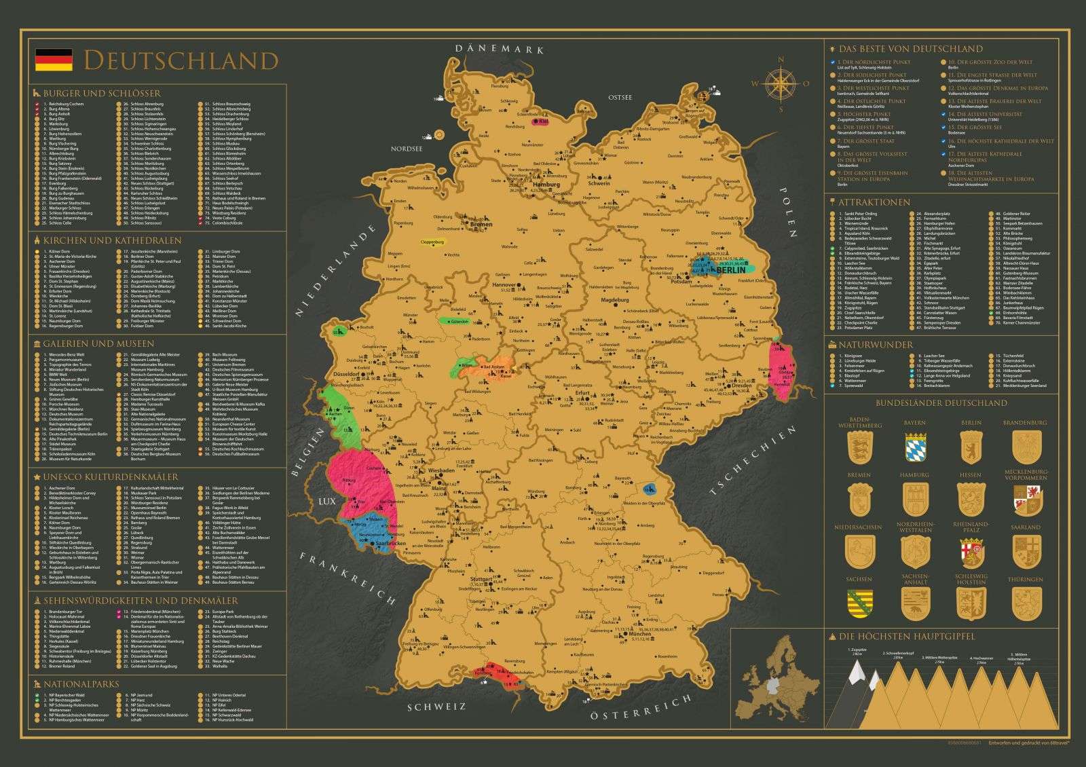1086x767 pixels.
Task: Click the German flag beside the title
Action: (x=53, y=60)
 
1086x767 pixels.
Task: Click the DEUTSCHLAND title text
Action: (x=181, y=60)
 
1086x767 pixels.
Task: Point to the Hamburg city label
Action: (x=546, y=185)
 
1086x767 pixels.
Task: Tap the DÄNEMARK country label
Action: (x=501, y=49)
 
